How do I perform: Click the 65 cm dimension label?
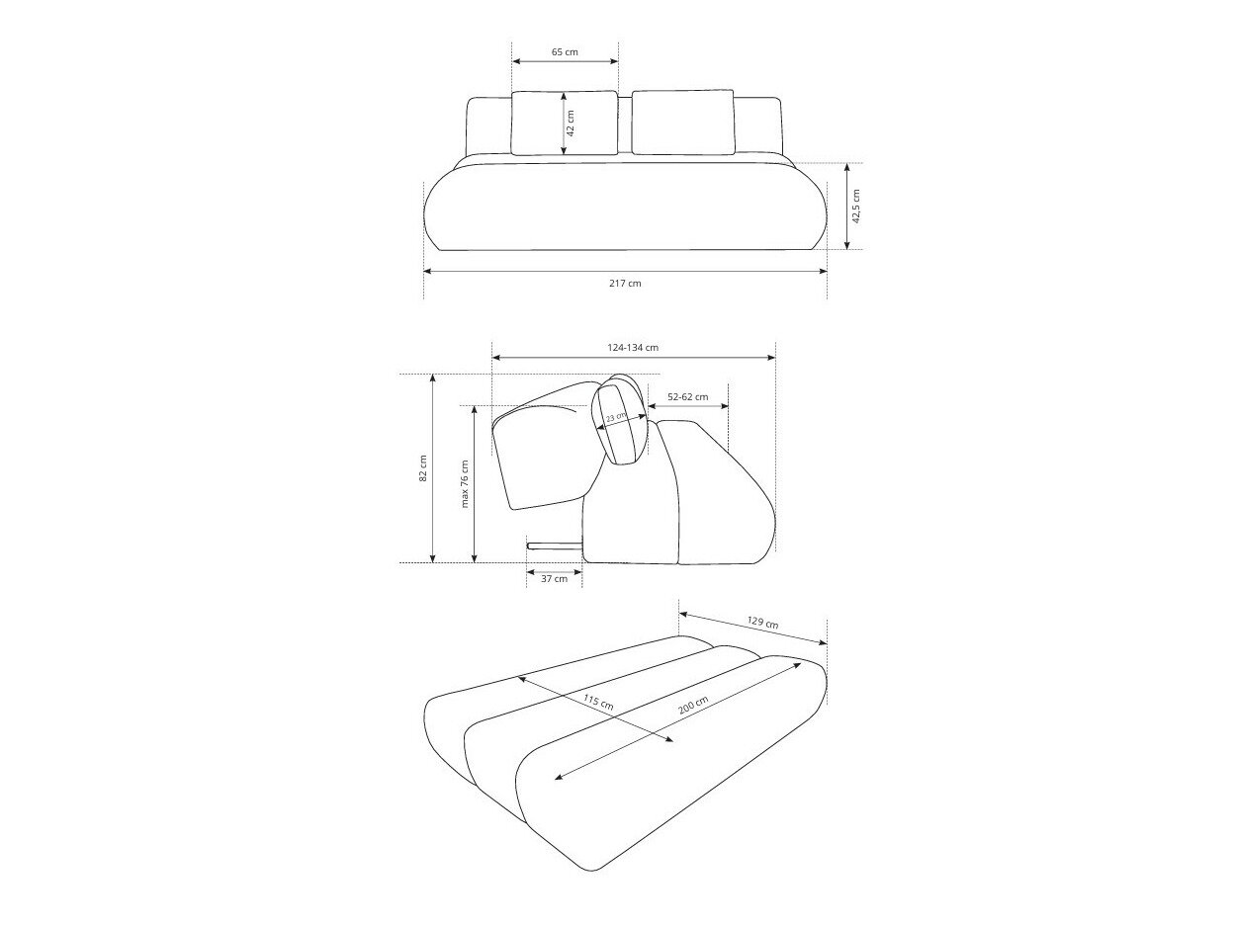click(x=565, y=51)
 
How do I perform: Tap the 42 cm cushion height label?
click(x=571, y=124)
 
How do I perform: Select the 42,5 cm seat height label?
click(x=856, y=206)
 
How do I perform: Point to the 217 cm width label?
click(x=625, y=283)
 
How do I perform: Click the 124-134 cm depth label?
click(x=633, y=347)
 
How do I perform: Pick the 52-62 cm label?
click(x=687, y=397)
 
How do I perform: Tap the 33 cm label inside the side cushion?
click(x=616, y=418)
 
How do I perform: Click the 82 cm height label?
click(x=422, y=467)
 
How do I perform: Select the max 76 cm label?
click(x=465, y=484)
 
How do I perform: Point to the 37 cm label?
click(x=554, y=580)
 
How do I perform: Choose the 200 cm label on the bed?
click(x=693, y=708)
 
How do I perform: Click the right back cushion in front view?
click(x=682, y=123)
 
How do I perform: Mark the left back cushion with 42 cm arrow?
click(x=539, y=124)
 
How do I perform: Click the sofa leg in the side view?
click(x=555, y=545)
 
